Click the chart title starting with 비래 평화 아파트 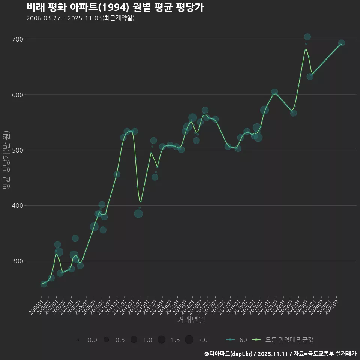115,7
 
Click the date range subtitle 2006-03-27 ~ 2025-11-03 80,18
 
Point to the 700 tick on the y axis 18,39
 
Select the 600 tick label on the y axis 18,95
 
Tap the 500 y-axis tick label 18,150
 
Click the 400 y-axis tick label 18,206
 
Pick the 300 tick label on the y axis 18,261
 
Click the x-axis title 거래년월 191,320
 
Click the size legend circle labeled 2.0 189,339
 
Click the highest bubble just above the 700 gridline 307,37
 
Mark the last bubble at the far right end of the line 341,43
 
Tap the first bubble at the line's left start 44,284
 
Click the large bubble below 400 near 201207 138,214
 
